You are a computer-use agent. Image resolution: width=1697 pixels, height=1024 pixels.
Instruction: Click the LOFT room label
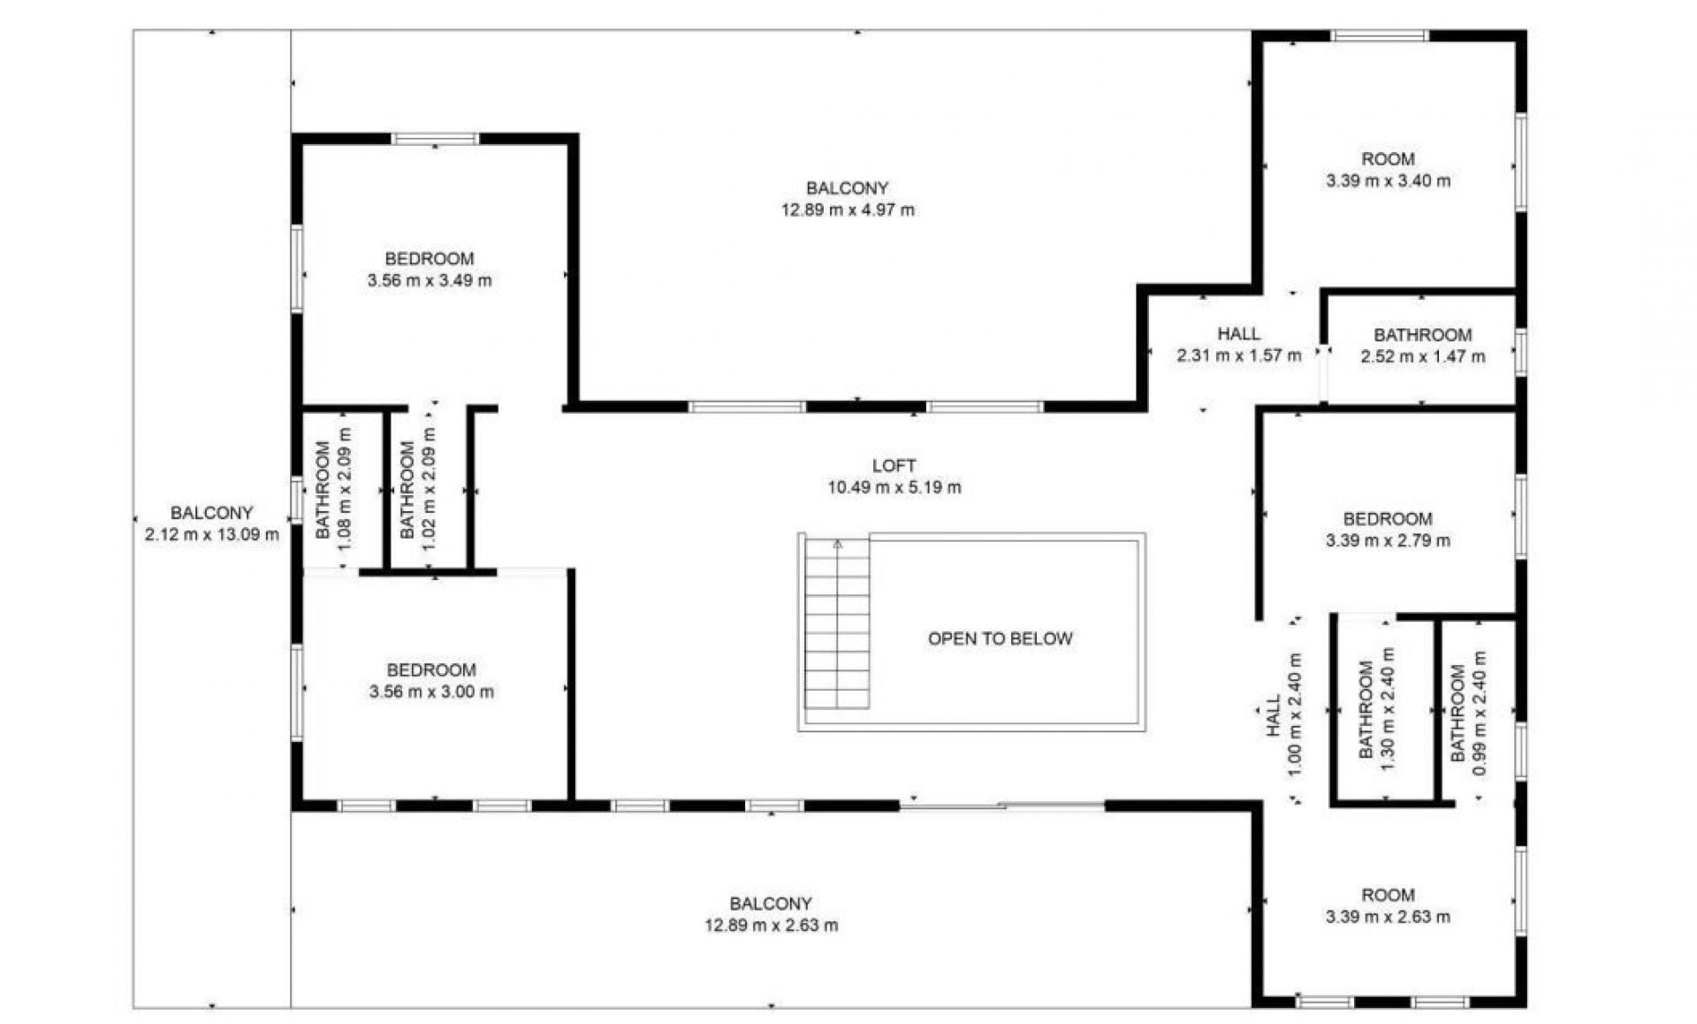coord(894,466)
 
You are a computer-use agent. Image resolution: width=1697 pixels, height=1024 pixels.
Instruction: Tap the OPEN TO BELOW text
coord(1000,638)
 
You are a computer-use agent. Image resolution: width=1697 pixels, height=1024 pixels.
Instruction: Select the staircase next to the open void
coord(836,624)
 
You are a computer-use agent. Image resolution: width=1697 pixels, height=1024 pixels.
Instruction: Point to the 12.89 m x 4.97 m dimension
coord(848,210)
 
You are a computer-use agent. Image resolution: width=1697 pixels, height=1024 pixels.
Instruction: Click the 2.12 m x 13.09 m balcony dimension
coord(211,534)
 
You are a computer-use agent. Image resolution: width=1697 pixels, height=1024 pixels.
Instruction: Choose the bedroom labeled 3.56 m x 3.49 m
coord(430,270)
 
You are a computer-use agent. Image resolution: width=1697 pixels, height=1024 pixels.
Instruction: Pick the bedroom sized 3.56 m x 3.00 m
coord(431,681)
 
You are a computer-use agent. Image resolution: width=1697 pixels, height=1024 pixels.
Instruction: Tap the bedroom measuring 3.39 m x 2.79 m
coord(1388,530)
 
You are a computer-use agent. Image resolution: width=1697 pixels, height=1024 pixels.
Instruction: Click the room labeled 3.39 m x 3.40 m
coord(1388,170)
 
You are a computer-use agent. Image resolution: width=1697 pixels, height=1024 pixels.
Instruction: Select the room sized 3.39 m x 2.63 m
coord(1388,906)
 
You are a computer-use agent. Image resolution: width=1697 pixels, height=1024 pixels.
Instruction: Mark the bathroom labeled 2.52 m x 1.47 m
coord(1422,346)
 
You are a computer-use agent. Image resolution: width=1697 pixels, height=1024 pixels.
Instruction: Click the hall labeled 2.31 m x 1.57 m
coord(1238,346)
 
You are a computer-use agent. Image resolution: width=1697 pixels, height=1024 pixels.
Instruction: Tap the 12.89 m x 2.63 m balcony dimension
coord(771,926)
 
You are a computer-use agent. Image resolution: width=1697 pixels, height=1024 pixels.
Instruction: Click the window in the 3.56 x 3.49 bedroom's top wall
coord(435,139)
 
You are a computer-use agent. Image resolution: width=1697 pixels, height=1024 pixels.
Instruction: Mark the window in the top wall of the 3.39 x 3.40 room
coord(1380,36)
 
